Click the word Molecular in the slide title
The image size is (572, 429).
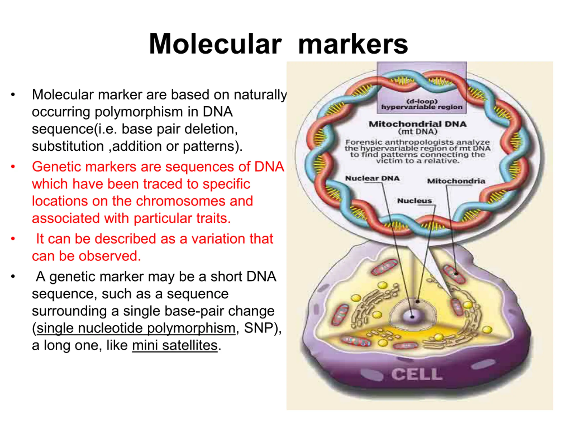(x=215, y=44)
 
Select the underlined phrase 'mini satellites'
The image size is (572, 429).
(x=175, y=345)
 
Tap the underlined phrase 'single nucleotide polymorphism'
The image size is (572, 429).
(x=136, y=328)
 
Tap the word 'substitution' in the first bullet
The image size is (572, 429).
(x=68, y=146)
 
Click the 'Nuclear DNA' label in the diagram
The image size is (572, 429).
(x=372, y=179)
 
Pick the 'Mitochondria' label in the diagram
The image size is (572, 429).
(x=456, y=181)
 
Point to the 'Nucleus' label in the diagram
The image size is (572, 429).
(x=414, y=201)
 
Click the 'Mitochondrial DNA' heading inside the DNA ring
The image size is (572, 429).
(x=418, y=124)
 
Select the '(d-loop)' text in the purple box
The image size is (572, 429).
(x=422, y=101)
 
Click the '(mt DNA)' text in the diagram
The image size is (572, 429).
(x=418, y=131)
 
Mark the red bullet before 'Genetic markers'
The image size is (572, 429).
(x=13, y=166)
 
